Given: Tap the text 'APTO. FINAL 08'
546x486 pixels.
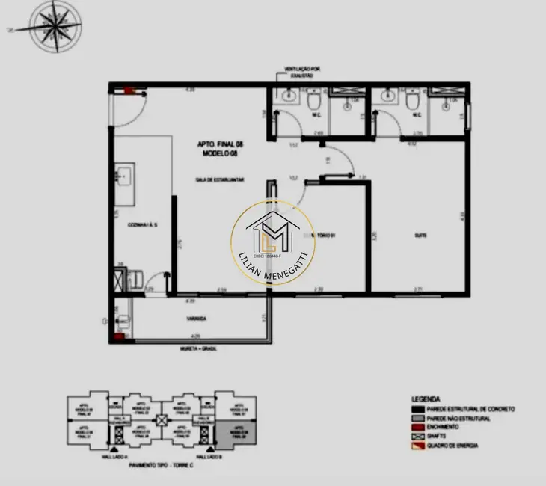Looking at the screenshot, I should tap(219, 144).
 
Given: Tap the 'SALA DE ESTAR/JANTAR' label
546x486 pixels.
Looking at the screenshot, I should tap(221, 180).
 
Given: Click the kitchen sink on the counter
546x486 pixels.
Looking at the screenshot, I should tap(123, 178).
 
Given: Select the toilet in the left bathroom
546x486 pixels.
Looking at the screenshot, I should tap(315, 101).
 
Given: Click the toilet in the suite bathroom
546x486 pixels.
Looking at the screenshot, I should tap(412, 101).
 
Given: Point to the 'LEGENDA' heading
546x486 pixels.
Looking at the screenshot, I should tap(425, 399).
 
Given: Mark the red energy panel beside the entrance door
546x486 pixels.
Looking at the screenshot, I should tap(128, 91).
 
